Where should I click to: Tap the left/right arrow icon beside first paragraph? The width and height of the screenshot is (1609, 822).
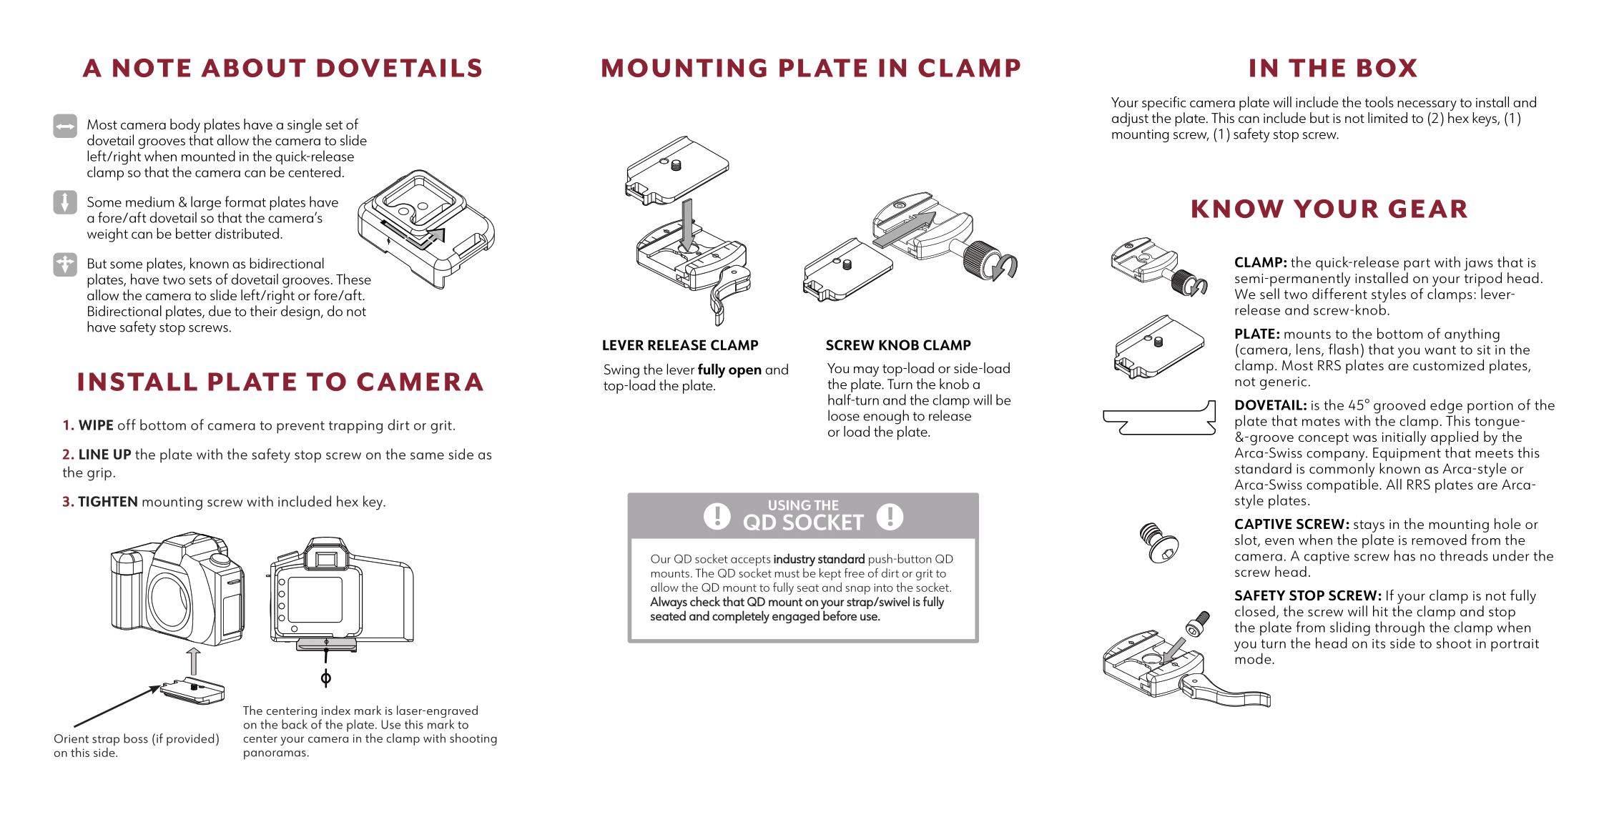(65, 127)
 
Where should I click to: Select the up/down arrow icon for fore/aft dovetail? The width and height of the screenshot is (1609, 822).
(65, 202)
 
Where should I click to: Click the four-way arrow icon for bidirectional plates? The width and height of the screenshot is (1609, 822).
(65, 264)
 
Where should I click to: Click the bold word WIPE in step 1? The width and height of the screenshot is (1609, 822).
(96, 425)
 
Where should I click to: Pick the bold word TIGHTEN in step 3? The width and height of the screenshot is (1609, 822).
(107, 502)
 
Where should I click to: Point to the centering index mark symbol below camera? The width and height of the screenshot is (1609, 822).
(326, 678)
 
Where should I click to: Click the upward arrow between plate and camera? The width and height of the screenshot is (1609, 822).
(193, 661)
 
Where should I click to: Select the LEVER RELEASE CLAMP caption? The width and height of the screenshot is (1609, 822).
(679, 345)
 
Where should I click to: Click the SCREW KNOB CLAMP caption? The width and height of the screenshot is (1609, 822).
(898, 345)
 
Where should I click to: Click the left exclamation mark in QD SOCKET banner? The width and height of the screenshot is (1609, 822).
(717, 516)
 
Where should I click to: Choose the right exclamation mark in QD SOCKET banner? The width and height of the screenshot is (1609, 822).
(890, 516)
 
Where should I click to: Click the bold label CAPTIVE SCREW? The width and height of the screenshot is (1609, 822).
(1291, 525)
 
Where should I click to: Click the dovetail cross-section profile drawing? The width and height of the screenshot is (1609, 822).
(1158, 418)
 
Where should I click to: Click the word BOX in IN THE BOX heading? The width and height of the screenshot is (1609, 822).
(1386, 69)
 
